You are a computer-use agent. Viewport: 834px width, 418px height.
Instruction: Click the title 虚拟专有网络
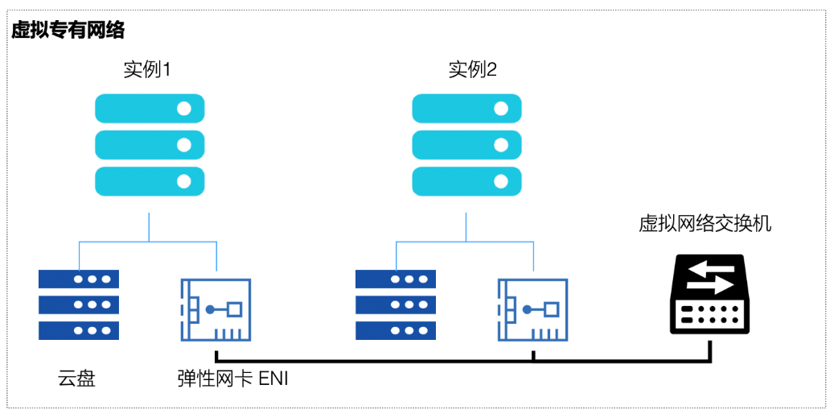pyautogui.click(x=68, y=31)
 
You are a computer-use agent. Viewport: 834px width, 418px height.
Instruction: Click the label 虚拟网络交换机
pyautogui.click(x=705, y=223)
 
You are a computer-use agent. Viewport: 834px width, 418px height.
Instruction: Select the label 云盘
pyautogui.click(x=76, y=378)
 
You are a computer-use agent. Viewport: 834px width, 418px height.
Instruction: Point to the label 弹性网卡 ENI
pyautogui.click(x=232, y=378)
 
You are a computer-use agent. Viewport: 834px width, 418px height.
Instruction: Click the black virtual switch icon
pyautogui.click(x=710, y=295)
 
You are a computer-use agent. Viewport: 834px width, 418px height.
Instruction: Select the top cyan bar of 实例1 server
pyautogui.click(x=150, y=108)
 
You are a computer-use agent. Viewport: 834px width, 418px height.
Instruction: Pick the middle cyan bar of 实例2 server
pyautogui.click(x=466, y=144)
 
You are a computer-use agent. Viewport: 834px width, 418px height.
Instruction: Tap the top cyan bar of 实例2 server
pyautogui.click(x=466, y=108)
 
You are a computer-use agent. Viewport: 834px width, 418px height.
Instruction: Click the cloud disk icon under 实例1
pyautogui.click(x=79, y=304)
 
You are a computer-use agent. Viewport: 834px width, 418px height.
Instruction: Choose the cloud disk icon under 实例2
pyautogui.click(x=396, y=304)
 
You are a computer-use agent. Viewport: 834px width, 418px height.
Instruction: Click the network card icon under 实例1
pyautogui.click(x=216, y=310)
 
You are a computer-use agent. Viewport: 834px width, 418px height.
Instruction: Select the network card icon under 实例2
pyautogui.click(x=532, y=310)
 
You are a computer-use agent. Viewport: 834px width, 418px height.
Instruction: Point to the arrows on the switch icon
pyautogui.click(x=710, y=277)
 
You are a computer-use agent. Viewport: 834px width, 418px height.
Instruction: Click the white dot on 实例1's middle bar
pyautogui.click(x=184, y=144)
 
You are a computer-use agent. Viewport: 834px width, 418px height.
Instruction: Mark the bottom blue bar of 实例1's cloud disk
pyautogui.click(x=79, y=330)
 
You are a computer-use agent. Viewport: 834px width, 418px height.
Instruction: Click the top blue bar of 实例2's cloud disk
pyautogui.click(x=396, y=279)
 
